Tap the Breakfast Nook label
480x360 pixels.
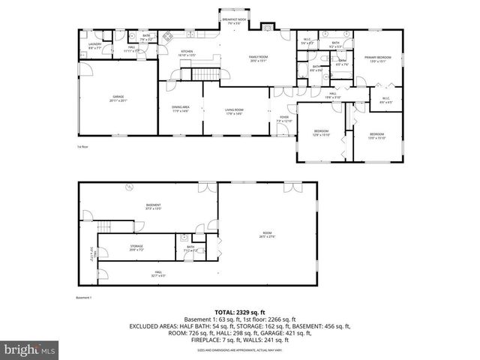[236, 22]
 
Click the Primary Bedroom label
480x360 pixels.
[376, 59]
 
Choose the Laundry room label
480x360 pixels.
[94, 46]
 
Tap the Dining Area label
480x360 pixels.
[181, 110]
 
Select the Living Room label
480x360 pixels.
[235, 112]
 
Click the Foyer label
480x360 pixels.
[284, 118]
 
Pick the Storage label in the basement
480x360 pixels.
[136, 247]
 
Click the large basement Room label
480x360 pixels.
[268, 235]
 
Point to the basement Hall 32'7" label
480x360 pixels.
[158, 274]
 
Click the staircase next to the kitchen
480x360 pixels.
[203, 73]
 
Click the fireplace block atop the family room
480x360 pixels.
[267, 27]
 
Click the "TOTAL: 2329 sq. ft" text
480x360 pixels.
[240, 310]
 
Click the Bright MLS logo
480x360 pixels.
[29, 349]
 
